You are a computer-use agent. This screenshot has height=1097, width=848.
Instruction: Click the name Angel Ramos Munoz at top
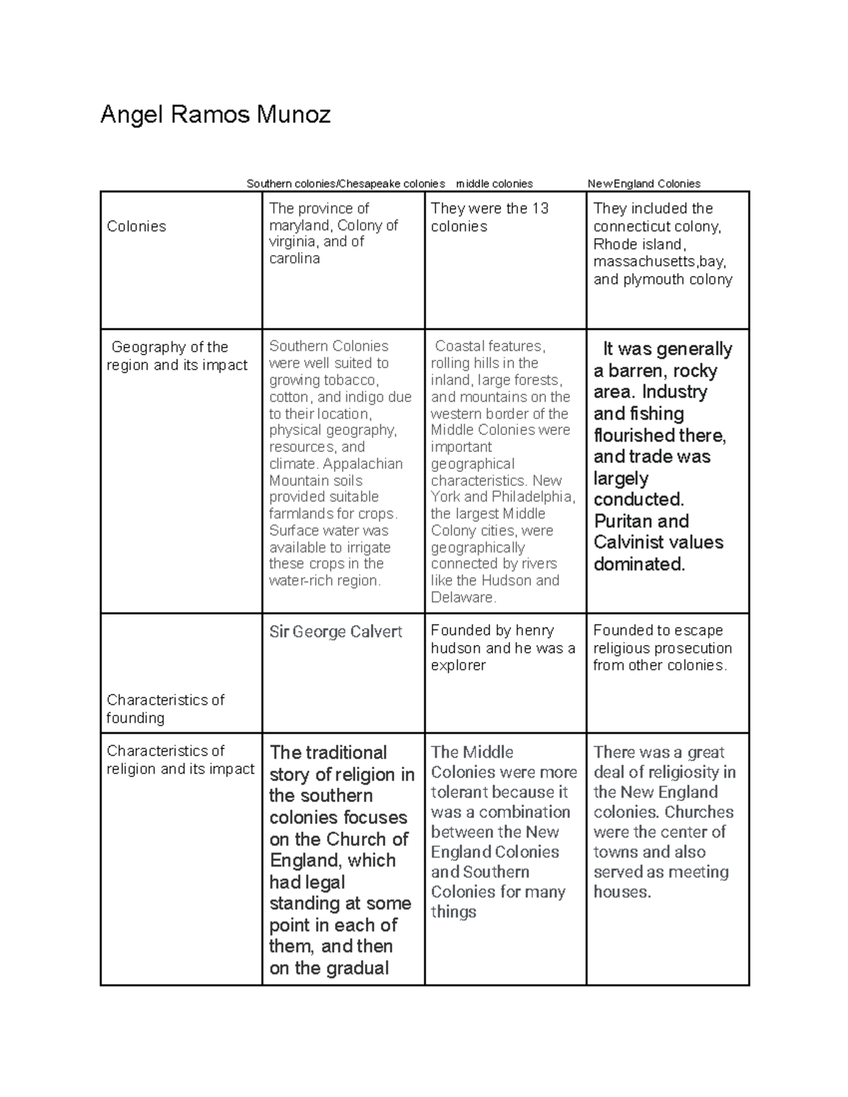coord(216,114)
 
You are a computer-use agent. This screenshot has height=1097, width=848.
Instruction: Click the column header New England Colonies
coord(644,184)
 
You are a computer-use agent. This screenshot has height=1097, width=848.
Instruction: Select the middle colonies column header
coord(495,184)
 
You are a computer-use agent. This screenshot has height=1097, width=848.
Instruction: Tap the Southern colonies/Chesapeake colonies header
coord(346,184)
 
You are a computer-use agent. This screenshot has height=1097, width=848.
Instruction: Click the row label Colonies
coord(136,227)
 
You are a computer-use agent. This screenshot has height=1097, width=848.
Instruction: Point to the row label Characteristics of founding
coord(165,708)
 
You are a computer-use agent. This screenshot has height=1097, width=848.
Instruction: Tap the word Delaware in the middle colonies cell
coord(463,598)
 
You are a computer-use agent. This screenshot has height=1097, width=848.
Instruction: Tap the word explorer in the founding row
coord(458,665)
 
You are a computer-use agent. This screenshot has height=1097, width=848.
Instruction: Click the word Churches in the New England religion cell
coord(699,812)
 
